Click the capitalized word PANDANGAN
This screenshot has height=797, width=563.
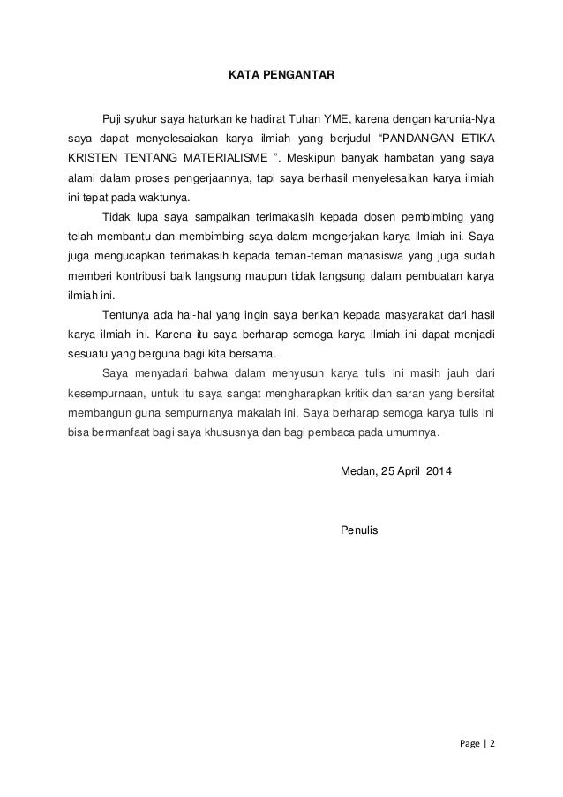(422, 139)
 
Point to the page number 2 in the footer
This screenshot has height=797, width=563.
(492, 742)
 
